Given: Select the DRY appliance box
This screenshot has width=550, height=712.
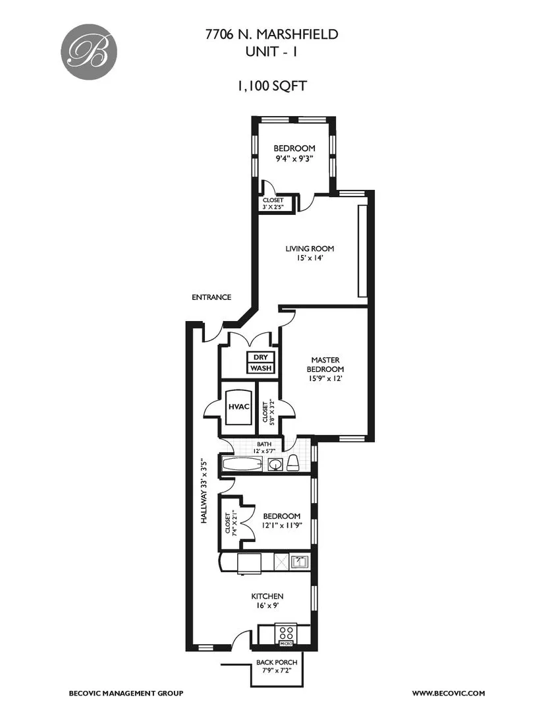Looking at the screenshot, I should (x=260, y=357).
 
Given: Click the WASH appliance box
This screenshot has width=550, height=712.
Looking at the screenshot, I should (x=260, y=369).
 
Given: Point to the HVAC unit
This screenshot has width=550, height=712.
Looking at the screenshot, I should (x=238, y=406).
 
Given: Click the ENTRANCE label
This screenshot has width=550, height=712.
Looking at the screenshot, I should (x=211, y=297).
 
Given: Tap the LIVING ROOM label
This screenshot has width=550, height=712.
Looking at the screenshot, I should (x=310, y=249).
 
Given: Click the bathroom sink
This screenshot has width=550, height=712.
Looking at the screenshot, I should (x=275, y=465).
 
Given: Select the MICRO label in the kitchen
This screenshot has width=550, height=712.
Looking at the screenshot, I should (x=287, y=643).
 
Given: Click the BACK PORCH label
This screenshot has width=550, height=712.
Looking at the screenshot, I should (x=277, y=663).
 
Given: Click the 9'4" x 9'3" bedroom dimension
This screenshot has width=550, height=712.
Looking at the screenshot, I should (x=294, y=159).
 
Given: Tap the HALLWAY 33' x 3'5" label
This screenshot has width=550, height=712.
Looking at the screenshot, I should (x=205, y=492).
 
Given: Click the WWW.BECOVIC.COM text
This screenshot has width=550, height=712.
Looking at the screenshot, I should (x=449, y=693).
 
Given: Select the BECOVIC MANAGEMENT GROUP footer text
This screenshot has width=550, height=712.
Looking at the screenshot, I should (x=126, y=693).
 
